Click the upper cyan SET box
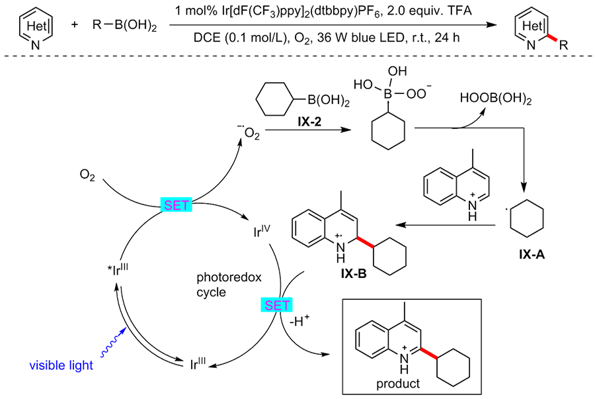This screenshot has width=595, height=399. tap(176, 205)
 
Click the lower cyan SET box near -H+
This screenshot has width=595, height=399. tap(276, 305)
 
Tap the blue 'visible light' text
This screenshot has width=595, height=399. tap(61, 365)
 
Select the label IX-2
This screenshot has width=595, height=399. tap(309, 122)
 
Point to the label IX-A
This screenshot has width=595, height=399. tap(532, 254)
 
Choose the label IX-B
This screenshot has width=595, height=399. tap(354, 274)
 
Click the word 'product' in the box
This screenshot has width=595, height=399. tap(398, 384)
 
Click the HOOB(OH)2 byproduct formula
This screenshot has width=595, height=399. tap(496, 99)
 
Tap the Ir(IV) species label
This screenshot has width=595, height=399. tap(262, 231)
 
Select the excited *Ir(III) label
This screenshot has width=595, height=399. tap(118, 270)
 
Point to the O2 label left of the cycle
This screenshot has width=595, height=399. tap(87, 175)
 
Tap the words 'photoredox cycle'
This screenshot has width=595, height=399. tap(229, 285)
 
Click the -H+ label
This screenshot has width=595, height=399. tap(299, 321)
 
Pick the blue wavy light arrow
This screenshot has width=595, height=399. tap(112, 342)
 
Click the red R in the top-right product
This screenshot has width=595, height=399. tap(563, 46)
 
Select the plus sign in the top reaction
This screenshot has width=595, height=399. tap(74, 25)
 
